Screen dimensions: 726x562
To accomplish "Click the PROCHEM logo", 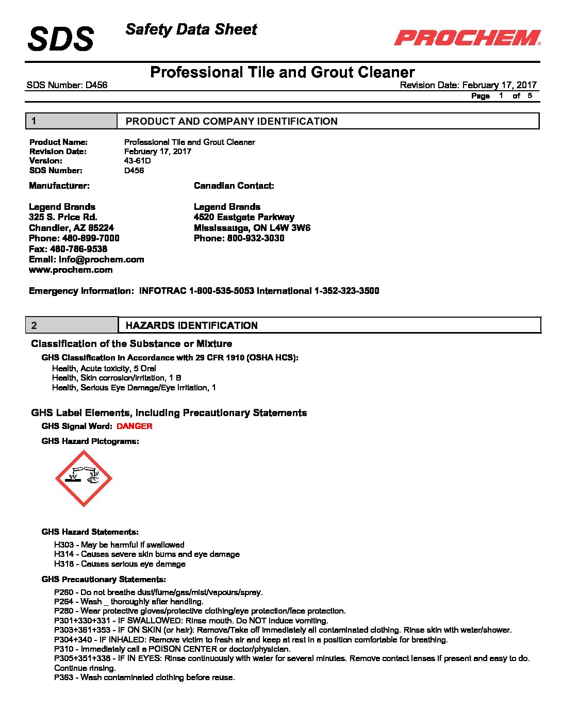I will click(x=468, y=38).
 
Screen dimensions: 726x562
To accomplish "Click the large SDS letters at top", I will click(x=61, y=39).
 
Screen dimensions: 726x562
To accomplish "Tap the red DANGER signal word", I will click(x=135, y=426).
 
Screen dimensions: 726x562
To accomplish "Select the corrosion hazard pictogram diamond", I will click(x=84, y=478).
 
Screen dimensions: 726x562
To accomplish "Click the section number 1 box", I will click(x=71, y=121).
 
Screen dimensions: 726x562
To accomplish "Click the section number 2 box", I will click(x=72, y=325).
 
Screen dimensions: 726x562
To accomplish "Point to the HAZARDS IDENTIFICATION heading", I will click(x=192, y=326).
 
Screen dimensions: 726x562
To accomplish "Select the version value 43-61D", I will click(x=138, y=161).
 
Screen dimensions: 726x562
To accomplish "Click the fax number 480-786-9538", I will click(x=78, y=249).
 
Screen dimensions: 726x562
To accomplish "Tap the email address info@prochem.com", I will click(x=101, y=259).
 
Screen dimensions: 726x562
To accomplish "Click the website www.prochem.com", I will click(x=71, y=270).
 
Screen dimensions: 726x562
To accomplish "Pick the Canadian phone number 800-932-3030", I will click(x=256, y=238).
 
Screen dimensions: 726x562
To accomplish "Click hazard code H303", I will click(x=64, y=545).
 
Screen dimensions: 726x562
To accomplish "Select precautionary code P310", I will click(x=64, y=649).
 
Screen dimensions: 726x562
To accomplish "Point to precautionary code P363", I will click(x=64, y=678).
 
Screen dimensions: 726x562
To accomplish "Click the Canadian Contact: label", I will click(x=234, y=186).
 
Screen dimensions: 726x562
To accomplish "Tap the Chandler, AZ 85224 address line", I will click(x=71, y=228).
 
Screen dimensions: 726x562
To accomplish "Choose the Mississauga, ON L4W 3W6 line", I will click(x=252, y=228).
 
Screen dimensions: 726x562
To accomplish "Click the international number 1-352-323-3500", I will click(x=347, y=291).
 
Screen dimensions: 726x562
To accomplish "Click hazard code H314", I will click(x=64, y=554).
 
